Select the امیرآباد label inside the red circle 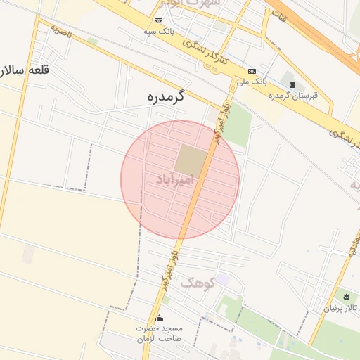click(177, 180)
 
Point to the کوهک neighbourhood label click(196, 283)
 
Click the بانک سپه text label click(159, 32)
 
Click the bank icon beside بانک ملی click(252, 72)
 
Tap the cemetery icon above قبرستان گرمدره click(292, 84)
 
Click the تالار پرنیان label click(340, 308)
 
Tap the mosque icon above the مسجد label click(159, 318)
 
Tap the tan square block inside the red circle click(191, 159)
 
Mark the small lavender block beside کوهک click(222, 280)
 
